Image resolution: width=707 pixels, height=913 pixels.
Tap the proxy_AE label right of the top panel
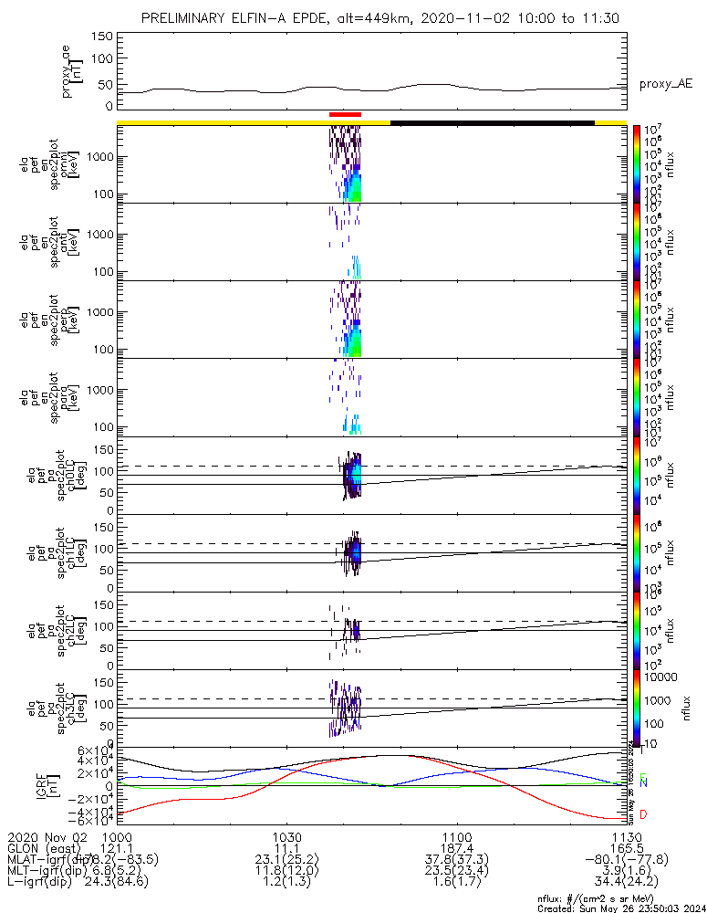665,83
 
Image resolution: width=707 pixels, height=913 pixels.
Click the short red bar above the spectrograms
346,114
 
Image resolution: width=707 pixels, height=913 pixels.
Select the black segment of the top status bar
493,121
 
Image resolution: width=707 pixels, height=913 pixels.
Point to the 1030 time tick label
286,836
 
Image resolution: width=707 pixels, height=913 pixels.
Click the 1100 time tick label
456,836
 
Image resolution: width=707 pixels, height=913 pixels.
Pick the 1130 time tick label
626,836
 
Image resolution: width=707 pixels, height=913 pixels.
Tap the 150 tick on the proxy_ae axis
102,37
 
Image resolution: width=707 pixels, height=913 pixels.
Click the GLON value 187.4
456,848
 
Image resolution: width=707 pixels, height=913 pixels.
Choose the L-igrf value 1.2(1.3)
286,882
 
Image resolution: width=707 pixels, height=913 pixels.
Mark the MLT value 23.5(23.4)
456,871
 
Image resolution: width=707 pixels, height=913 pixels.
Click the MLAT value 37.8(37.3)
456,859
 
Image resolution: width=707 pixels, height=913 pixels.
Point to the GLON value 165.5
626,848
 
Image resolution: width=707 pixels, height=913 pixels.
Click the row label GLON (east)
46,848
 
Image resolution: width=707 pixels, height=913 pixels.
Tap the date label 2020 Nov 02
46,836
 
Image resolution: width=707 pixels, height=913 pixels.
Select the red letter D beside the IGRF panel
643,814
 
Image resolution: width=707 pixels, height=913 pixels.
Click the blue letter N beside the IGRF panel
643,782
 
